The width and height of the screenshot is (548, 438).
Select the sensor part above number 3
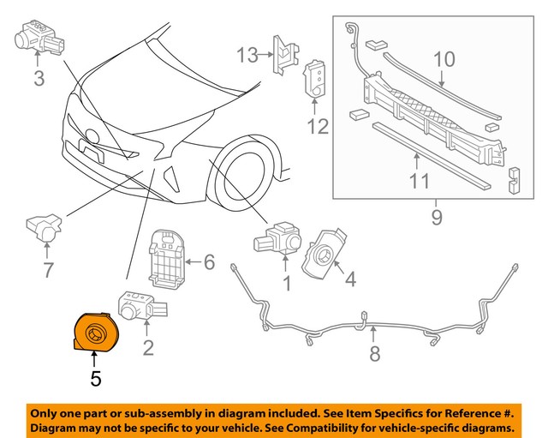[x=39, y=35]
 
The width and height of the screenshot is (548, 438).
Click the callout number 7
[x=48, y=271]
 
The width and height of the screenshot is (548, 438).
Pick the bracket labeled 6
[x=170, y=261]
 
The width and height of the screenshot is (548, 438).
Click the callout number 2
[x=148, y=347]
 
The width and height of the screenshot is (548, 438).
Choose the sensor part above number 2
[x=138, y=308]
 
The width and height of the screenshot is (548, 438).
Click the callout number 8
[x=373, y=353]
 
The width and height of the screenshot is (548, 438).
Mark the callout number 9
[x=437, y=218]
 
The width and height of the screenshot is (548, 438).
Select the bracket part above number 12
[x=315, y=81]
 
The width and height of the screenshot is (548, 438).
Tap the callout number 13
[x=247, y=56]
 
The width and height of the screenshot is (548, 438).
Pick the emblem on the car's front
[x=92, y=135]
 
